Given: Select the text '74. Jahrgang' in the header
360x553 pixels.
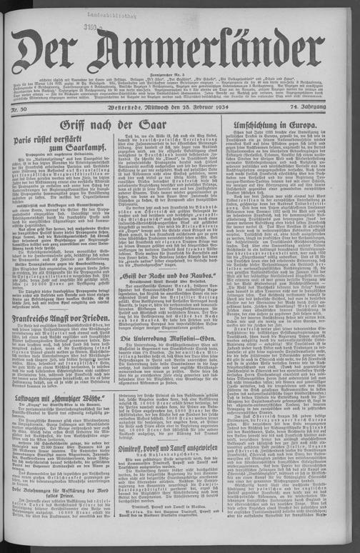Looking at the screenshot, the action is pyautogui.click(x=324, y=108).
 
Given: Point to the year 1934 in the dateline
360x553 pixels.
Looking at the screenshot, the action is pyautogui.click(x=221, y=109).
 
